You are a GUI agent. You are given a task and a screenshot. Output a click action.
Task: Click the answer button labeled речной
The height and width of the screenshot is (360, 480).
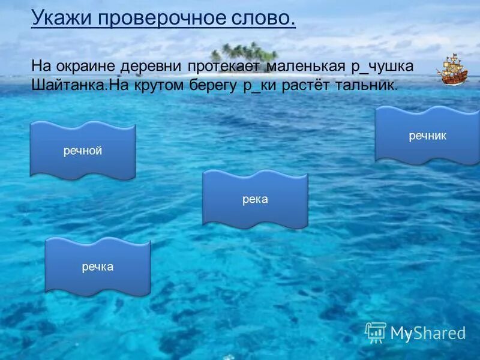pyautogui.click(x=83, y=151)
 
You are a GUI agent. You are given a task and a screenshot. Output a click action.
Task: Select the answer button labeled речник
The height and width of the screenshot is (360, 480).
pyautogui.click(x=427, y=136)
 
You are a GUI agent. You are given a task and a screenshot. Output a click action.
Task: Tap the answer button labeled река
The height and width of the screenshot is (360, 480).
pyautogui.click(x=255, y=199)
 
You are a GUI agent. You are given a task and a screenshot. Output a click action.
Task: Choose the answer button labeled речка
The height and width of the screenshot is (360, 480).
pyautogui.click(x=98, y=266)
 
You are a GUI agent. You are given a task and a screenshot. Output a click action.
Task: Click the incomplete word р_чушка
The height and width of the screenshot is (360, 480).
pyautogui.click(x=383, y=65)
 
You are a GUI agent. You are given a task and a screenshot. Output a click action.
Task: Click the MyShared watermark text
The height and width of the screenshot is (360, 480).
pyautogui.click(x=428, y=333)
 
